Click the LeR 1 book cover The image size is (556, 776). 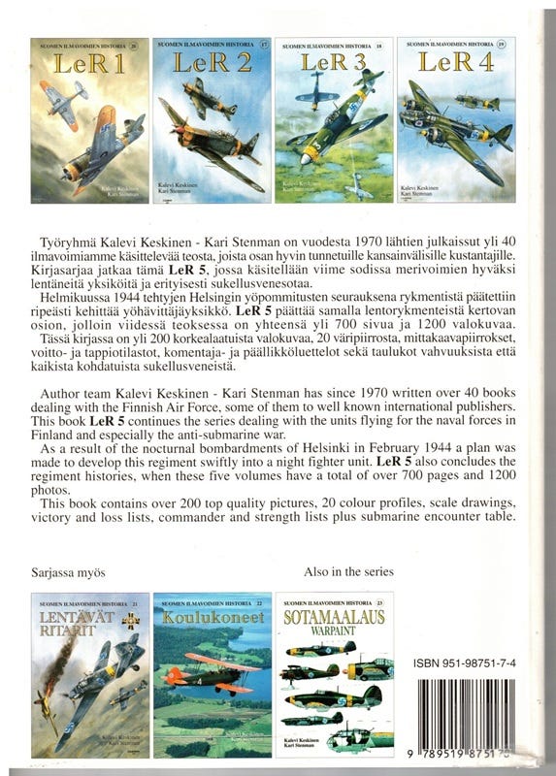[x=91, y=120]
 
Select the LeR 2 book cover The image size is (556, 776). [x=213, y=120]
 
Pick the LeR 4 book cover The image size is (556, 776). [x=456, y=120]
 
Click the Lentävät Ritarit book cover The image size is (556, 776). [x=91, y=675]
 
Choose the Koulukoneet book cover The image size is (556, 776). [x=213, y=675]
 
